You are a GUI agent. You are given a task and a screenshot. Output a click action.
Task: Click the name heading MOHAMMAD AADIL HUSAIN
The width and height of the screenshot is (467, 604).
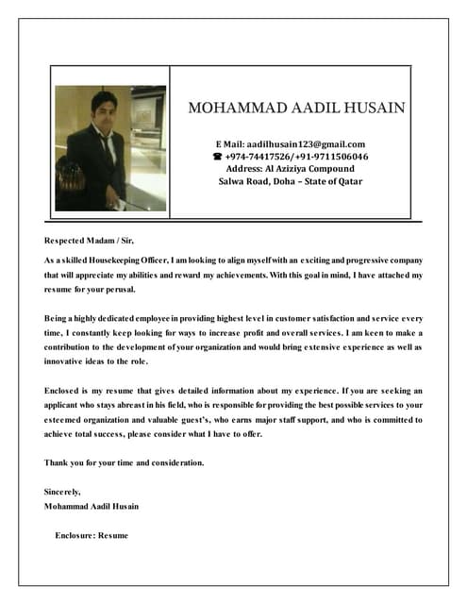point(297,108)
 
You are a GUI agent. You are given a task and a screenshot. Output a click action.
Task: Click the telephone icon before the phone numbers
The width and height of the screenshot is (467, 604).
point(218,157)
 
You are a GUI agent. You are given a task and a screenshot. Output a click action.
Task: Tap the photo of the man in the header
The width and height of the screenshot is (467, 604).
point(110,148)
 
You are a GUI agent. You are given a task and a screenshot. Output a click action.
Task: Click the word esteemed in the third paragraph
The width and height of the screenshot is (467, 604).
point(65,419)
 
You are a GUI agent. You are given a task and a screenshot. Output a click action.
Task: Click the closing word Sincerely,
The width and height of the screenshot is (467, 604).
point(62,492)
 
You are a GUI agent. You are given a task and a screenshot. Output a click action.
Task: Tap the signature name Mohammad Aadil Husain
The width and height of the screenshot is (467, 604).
point(92,506)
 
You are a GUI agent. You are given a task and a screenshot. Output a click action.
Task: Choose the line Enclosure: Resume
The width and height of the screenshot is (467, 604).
point(91,535)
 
